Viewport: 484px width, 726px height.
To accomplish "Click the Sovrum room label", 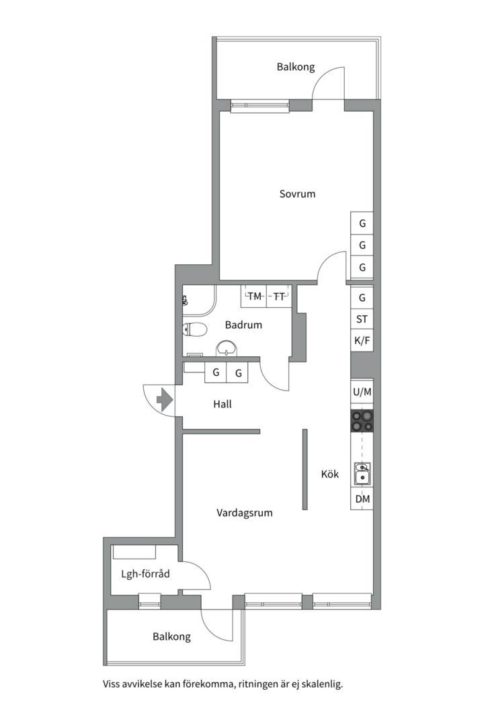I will point(297,194).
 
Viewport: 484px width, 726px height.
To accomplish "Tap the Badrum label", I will point(243,325).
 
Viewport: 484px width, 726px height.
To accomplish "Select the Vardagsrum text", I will point(244,513).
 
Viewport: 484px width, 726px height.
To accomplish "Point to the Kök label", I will point(329,474).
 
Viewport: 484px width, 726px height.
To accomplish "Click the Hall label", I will point(223,405).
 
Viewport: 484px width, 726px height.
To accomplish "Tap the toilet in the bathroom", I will point(196,329).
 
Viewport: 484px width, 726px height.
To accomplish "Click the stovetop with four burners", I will point(362,421).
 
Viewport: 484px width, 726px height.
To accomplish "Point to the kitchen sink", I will point(362,473).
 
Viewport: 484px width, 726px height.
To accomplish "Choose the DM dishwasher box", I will point(362,499).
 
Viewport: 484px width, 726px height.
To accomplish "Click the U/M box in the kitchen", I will point(362,392).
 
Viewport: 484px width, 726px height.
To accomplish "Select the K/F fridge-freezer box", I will point(362,341).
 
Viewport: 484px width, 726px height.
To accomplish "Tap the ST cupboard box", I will point(362,319).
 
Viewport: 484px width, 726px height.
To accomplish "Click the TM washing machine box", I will point(254,296).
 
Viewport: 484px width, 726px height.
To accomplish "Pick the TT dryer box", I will point(279,296).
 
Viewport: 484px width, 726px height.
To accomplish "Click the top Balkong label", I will point(296,67).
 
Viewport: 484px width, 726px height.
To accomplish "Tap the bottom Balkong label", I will point(171,637).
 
